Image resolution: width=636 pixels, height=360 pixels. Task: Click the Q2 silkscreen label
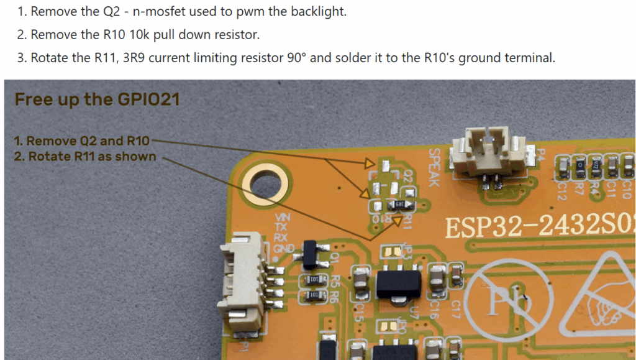pos(408,176)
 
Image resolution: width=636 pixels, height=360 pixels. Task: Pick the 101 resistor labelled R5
pos(314,279)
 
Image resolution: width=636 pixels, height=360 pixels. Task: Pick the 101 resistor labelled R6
pos(314,294)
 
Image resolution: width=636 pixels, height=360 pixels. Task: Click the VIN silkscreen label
pos(282,218)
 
